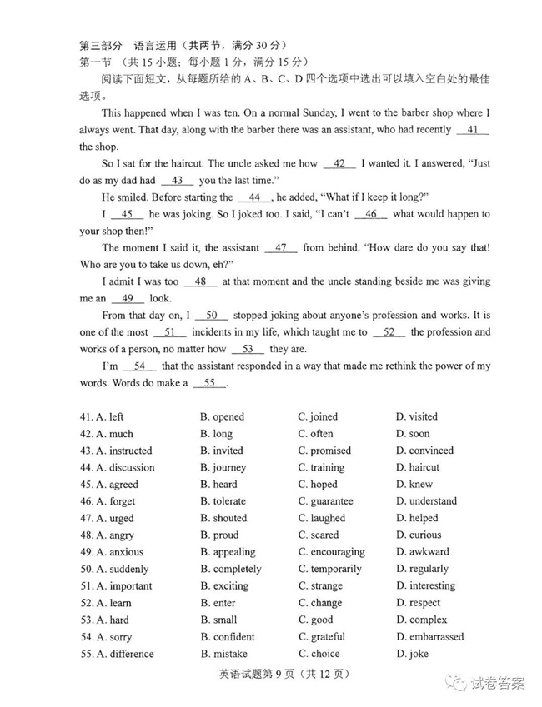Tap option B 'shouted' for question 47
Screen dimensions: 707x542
(223, 518)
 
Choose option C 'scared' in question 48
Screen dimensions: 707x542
(318, 535)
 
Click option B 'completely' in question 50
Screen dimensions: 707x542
(230, 569)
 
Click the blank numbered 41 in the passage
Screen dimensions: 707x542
(473, 130)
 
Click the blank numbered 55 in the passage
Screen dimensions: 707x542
(209, 383)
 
